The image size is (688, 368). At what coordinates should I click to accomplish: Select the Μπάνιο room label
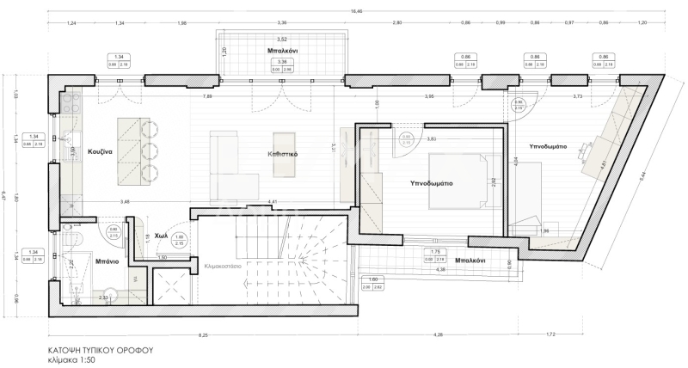[107, 261]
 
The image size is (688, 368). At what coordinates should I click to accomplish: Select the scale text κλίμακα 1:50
[75, 361]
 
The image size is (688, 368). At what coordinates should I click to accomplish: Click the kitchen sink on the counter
[68, 142]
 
